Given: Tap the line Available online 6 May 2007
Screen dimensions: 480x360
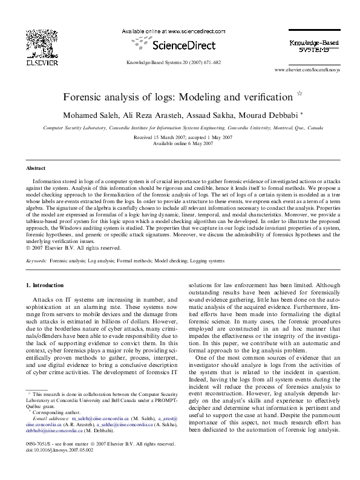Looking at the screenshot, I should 180,144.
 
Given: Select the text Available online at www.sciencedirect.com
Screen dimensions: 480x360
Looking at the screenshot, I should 171,30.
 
